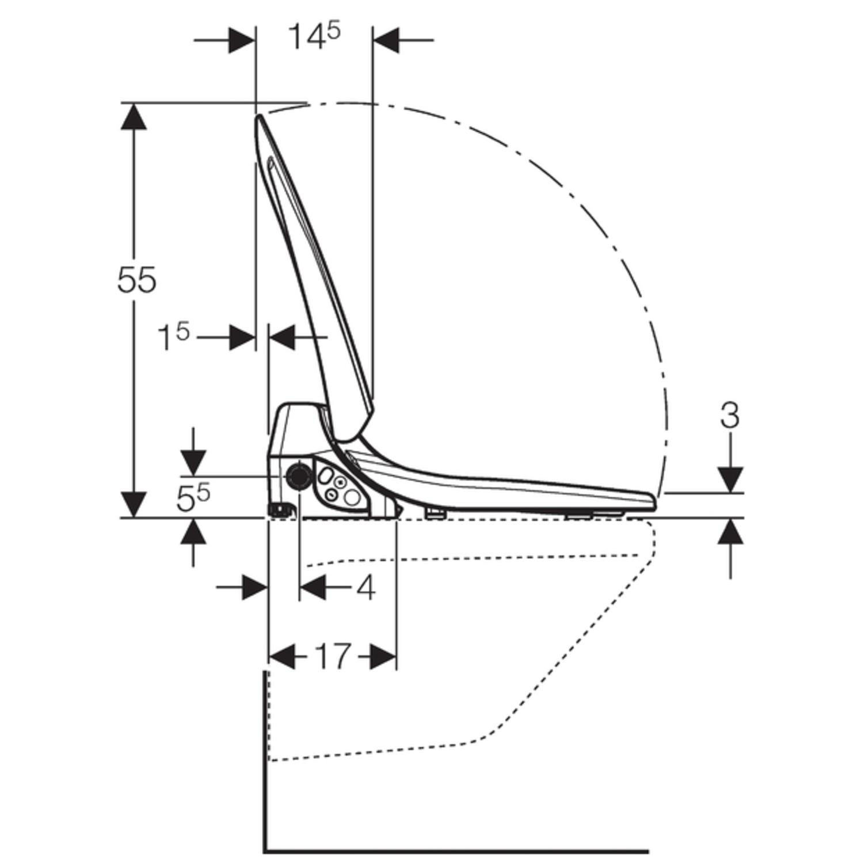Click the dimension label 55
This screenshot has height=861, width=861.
(x=136, y=280)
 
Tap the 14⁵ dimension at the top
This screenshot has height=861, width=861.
(x=314, y=37)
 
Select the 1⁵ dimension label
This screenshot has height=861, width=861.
(x=173, y=337)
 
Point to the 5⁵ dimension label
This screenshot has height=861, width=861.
(x=193, y=498)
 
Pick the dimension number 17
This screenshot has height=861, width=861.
(x=333, y=656)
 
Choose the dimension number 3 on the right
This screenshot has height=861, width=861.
(x=729, y=416)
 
